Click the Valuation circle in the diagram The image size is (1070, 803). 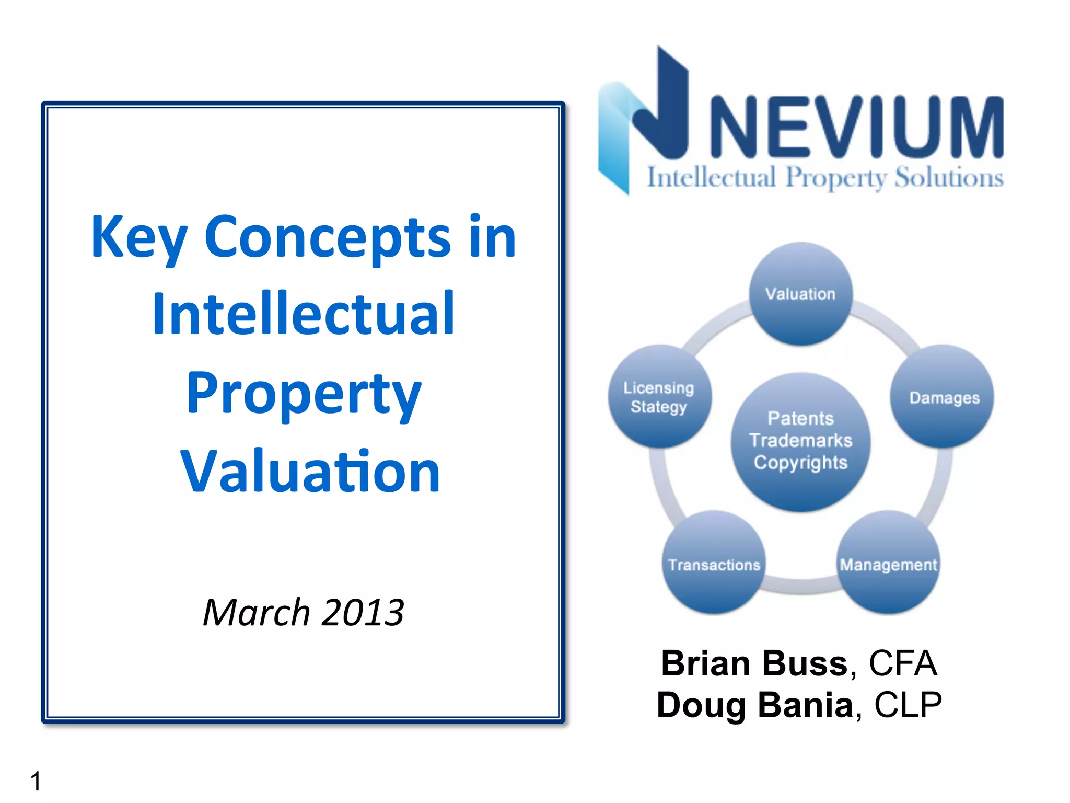coord(800,293)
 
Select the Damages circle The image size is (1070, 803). coord(943,397)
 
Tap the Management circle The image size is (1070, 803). coord(888,563)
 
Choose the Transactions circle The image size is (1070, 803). coord(714,563)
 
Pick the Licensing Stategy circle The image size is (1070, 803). coord(659,397)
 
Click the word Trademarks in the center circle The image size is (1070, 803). coord(800,440)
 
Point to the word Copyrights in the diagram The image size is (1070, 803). coord(800,463)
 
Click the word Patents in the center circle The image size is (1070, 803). coord(800,418)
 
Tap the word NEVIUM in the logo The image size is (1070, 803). coord(857,127)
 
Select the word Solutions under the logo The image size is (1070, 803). coord(949,178)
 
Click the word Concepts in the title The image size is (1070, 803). coord(327,237)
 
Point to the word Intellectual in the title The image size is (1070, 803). coord(303,314)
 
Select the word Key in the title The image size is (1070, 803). coord(139,237)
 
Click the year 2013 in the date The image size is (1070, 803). coord(363,612)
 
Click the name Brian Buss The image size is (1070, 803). coord(754,663)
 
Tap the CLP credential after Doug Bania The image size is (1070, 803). coord(908,705)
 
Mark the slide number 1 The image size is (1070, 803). coord(36,781)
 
